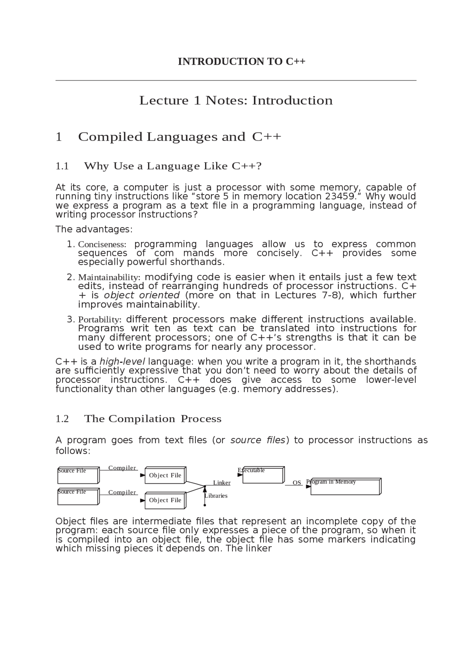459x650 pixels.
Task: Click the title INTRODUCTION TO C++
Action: coord(241,62)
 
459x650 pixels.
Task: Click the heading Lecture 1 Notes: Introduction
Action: coord(236,100)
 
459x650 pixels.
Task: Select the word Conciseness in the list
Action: coord(102,244)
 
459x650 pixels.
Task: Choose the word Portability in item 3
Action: coord(99,319)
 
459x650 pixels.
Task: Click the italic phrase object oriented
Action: coord(142,295)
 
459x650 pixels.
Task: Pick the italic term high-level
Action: coord(122,361)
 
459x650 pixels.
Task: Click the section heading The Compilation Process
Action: coord(153,419)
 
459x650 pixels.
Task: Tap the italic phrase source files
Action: coord(257,440)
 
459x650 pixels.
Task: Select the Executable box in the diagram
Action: coord(263,475)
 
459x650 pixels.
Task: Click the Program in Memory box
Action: coord(345,487)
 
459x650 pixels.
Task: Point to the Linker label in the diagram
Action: coord(222,483)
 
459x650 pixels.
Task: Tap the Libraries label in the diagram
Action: coord(216,496)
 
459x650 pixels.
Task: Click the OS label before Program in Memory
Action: coord(297,483)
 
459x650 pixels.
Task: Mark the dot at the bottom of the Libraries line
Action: coord(205,505)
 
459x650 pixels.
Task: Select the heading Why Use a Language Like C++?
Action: coord(173,166)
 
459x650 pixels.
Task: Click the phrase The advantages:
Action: coord(94,229)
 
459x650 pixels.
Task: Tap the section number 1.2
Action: coord(62,419)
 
